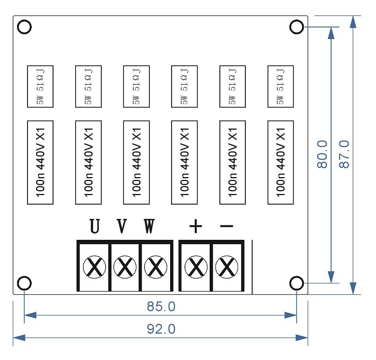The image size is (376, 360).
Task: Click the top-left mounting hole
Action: click(24, 27)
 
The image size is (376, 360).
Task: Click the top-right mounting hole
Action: click(296, 27)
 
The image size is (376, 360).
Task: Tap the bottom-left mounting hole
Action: click(24, 283)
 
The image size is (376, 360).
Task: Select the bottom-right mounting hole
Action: click(296, 283)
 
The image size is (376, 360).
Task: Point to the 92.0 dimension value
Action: click(161, 330)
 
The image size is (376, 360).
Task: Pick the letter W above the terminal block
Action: click(149, 226)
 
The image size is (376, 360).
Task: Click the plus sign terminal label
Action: click(195, 226)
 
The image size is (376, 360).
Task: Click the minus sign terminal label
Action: click(226, 226)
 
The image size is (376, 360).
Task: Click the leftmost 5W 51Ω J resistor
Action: click(40, 86)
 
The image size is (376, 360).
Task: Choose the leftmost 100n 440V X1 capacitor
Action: click(40, 162)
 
